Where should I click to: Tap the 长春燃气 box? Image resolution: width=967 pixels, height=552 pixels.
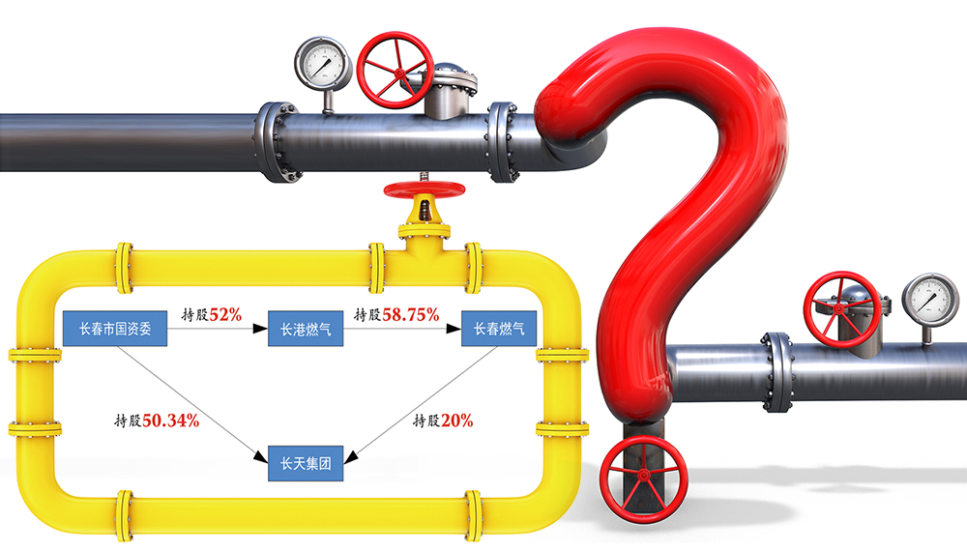(499, 330)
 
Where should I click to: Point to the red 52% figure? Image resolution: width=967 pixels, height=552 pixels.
(224, 314)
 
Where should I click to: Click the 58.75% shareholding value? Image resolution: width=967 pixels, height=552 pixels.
(410, 314)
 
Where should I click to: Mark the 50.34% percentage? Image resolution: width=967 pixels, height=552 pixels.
(171, 421)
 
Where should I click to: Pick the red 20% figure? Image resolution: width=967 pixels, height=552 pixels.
(457, 421)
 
